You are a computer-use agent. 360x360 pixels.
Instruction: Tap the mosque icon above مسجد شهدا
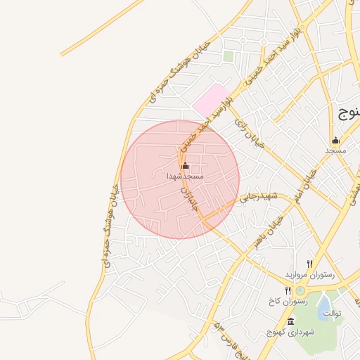click(x=185, y=167)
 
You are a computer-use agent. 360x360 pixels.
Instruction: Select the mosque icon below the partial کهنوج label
click(x=335, y=140)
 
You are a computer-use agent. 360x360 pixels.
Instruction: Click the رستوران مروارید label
click(x=307, y=273)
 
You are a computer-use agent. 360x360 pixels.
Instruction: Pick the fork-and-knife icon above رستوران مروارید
click(x=309, y=263)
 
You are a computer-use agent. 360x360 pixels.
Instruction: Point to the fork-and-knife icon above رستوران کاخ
click(x=288, y=290)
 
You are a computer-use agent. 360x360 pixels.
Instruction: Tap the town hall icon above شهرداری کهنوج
click(x=290, y=321)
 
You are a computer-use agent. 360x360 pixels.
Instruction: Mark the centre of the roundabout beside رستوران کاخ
click(x=301, y=290)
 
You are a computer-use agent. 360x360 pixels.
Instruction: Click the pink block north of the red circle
click(x=212, y=100)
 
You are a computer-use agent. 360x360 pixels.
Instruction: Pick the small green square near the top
click(x=228, y=56)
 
